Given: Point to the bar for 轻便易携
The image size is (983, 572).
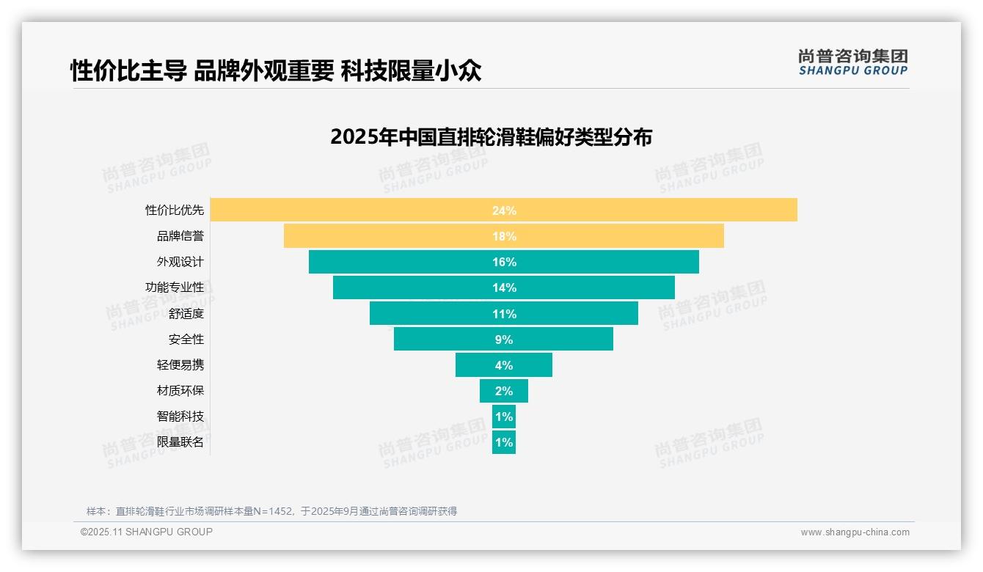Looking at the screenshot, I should (x=477, y=365).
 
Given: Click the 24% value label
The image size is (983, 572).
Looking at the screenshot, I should (x=504, y=210).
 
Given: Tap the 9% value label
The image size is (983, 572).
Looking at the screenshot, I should (x=504, y=340).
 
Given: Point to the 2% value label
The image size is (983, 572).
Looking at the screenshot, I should (x=504, y=391).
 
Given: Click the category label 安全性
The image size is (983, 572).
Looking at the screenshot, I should (x=186, y=340).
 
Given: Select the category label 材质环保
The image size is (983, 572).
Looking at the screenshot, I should (x=180, y=391).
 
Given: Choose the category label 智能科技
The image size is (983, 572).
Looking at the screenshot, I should (x=180, y=417).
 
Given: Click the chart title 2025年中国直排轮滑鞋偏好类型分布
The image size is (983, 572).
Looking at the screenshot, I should (x=491, y=137).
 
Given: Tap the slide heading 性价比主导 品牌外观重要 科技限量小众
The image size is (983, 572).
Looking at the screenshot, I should (x=276, y=71).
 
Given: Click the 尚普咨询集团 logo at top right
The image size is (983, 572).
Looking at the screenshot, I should (x=853, y=62).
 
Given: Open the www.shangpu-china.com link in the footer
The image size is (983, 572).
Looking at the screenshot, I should (x=855, y=532).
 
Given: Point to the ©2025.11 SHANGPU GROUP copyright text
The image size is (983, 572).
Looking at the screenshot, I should (x=147, y=532).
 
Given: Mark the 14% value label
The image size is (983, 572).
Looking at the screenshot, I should (x=504, y=287).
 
